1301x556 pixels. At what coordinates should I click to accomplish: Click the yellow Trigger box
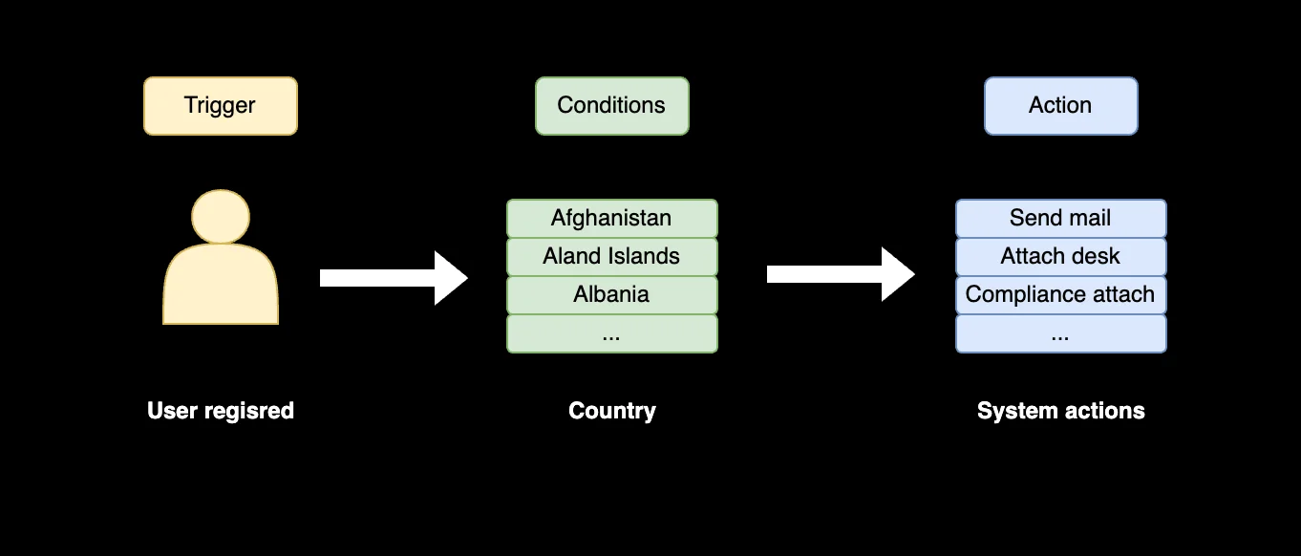click(220, 106)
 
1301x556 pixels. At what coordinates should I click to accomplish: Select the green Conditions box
click(611, 106)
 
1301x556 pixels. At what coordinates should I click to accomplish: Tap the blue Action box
click(1060, 106)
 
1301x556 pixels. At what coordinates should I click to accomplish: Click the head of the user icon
click(221, 216)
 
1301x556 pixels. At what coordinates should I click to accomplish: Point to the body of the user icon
click(221, 287)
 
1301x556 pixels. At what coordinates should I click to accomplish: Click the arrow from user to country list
click(392, 278)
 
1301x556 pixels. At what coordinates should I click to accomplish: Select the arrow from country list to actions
click(839, 274)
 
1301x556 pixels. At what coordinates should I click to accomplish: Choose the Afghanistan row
click(611, 218)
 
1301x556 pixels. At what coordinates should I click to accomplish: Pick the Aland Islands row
click(611, 256)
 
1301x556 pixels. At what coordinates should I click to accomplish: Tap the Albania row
click(611, 294)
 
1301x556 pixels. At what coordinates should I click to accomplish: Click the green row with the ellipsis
click(611, 333)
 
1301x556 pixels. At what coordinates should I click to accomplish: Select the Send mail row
click(1060, 218)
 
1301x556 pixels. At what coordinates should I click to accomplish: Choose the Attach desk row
click(1060, 256)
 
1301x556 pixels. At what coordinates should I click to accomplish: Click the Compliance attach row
click(1060, 294)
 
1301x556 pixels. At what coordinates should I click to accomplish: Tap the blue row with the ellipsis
click(1060, 333)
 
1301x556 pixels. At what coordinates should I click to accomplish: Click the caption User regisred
click(221, 411)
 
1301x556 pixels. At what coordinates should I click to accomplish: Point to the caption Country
click(611, 411)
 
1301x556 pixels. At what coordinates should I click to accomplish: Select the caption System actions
click(1060, 411)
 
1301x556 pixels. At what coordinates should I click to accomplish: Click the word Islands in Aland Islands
click(645, 256)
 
